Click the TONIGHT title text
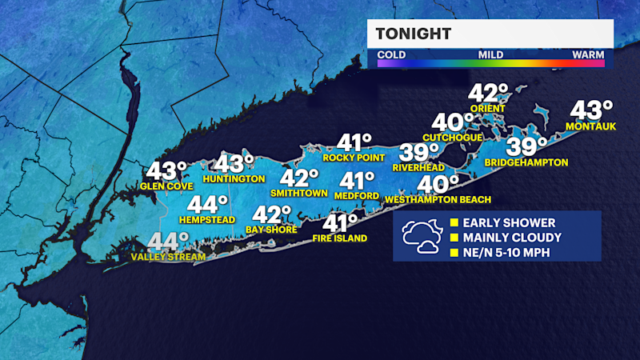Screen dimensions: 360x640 [414, 34]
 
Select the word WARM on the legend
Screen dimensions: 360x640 [587, 55]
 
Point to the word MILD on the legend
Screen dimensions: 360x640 [490, 55]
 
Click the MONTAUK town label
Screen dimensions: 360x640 [590, 126]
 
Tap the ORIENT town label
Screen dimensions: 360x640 [489, 109]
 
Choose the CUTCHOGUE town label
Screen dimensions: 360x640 [453, 138]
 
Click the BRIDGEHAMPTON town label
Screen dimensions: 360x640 [526, 162]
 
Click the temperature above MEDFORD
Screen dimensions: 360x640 [354, 181]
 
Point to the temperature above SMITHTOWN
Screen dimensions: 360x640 [294, 178]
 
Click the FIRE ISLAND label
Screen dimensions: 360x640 [340, 238]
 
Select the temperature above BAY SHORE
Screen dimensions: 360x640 [272, 214]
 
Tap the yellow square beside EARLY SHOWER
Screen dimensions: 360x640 [454, 222]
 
